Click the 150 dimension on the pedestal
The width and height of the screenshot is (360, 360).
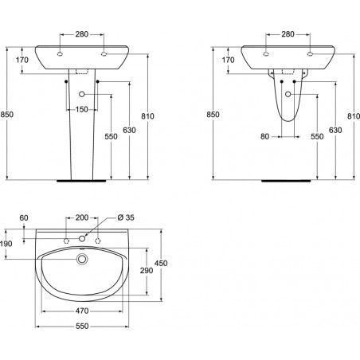(82, 109)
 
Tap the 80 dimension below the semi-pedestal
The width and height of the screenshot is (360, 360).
(265, 136)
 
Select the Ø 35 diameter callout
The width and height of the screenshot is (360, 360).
(126, 217)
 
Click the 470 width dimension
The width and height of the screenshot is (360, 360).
(82, 311)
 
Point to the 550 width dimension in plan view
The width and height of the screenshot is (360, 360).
(82, 326)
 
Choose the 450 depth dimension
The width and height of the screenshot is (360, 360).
(161, 263)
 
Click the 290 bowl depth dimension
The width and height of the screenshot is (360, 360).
(147, 271)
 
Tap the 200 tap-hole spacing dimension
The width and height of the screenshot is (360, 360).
(82, 217)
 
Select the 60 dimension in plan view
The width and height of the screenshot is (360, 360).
(24, 217)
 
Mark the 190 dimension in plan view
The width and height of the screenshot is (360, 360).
(6, 244)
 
